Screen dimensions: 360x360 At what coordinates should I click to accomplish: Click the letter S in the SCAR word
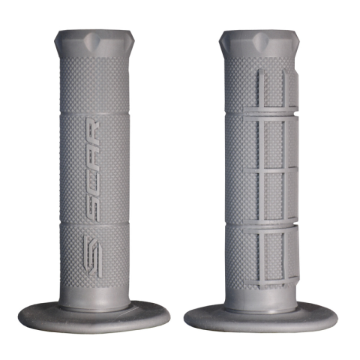tap(92, 208)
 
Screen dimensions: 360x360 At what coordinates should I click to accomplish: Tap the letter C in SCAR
tap(92, 181)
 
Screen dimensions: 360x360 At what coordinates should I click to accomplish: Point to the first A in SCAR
tap(92, 157)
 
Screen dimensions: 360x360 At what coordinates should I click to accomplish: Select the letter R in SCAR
tap(92, 130)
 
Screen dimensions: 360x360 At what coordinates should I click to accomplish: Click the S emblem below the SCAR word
tap(92, 256)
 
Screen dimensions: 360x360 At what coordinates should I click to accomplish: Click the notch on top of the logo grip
tap(94, 40)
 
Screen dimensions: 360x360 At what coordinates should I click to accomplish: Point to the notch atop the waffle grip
tap(260, 40)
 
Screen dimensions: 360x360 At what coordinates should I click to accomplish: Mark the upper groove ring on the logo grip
tap(94, 113)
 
